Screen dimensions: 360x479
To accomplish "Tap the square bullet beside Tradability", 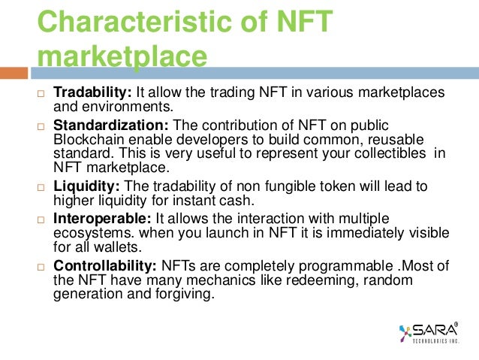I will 42,93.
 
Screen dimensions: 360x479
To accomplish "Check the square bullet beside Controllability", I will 42,266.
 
